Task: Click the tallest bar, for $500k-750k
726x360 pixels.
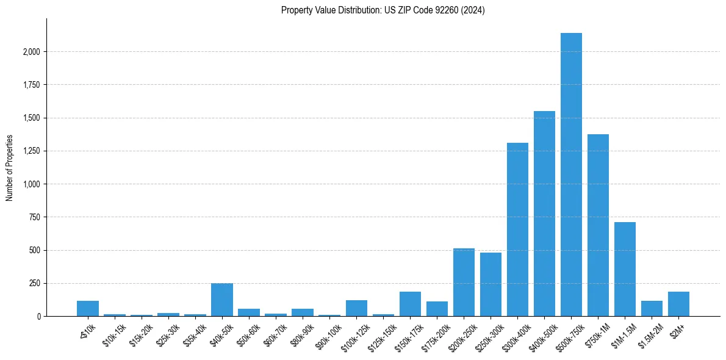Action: tap(571, 175)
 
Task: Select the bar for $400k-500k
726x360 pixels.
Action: tap(544, 214)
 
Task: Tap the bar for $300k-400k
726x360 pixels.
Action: tap(517, 229)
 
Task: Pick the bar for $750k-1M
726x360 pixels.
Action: tap(598, 225)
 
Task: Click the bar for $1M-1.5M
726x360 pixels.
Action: tap(625, 269)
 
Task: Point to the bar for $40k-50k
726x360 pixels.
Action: tap(222, 300)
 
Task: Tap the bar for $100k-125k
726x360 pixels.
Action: tap(356, 308)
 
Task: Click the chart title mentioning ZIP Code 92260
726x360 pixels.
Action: tap(383, 10)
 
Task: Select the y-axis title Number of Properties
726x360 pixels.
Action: tap(10, 167)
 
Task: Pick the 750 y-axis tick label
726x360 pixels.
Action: tap(34, 217)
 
